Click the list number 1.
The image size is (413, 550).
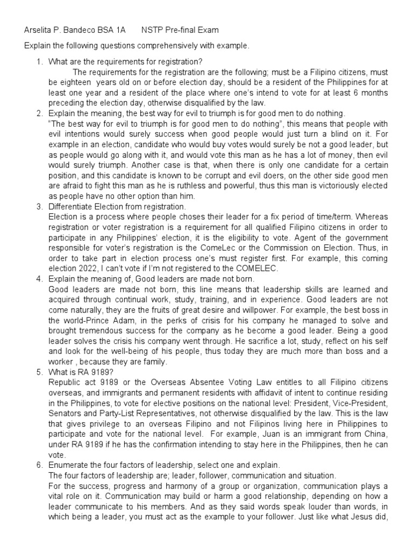pyautogui.click(x=39, y=62)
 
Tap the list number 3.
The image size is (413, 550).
pyautogui.click(x=39, y=206)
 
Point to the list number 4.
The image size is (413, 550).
pyautogui.click(x=39, y=279)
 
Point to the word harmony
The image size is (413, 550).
pyautogui.click(x=152, y=485)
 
